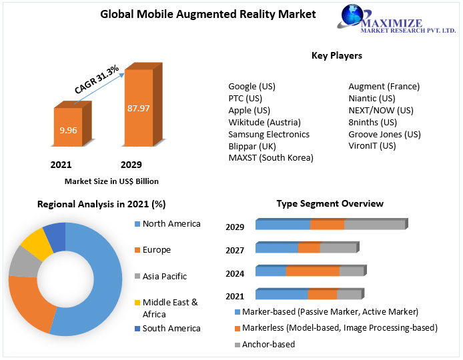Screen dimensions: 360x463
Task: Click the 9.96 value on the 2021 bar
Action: [68, 130]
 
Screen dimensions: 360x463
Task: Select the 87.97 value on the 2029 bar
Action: [139, 108]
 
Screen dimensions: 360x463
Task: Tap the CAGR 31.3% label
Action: [97, 79]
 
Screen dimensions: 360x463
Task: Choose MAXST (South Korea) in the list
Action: [270, 158]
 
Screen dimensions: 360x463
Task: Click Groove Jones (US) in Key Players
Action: [384, 134]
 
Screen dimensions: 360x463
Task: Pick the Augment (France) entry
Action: [384, 86]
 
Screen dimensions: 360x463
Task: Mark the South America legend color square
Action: [137, 328]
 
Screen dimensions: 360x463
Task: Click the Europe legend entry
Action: [156, 249]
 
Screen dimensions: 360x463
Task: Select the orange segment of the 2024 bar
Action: [312, 271]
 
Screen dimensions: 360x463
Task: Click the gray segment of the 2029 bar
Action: [374, 225]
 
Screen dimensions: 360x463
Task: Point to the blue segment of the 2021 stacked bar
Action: [281, 295]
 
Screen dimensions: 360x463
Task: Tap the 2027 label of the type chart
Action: [235, 251]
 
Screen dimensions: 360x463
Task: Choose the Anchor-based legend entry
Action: [268, 344]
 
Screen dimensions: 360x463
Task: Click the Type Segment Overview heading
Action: [330, 203]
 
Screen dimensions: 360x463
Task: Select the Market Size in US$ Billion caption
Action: [111, 181]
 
